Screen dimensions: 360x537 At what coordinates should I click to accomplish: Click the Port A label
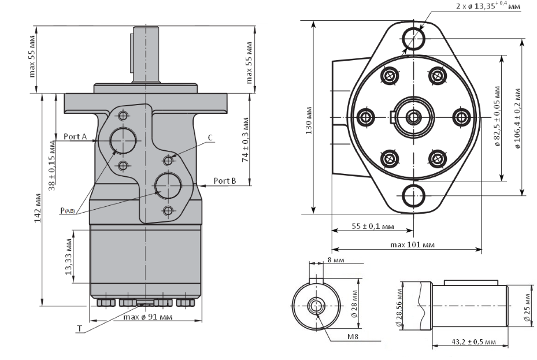pos(75,137)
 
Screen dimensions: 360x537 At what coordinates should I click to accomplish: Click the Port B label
pos(225,180)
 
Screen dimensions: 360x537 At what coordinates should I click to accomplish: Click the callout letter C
pos(210,137)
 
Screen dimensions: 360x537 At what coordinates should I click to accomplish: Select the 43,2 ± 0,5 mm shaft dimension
pos(471,342)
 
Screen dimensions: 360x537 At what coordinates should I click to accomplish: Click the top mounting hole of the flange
pos(414,38)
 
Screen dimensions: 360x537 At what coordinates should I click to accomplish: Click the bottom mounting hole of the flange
pos(414,196)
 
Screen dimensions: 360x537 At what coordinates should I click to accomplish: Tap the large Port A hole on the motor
pos(123,140)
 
